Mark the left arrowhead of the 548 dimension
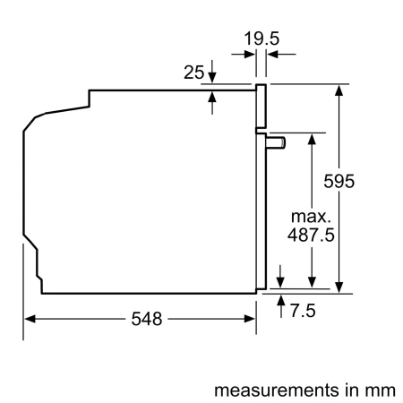(30, 320)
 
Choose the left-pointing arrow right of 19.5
(273, 55)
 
